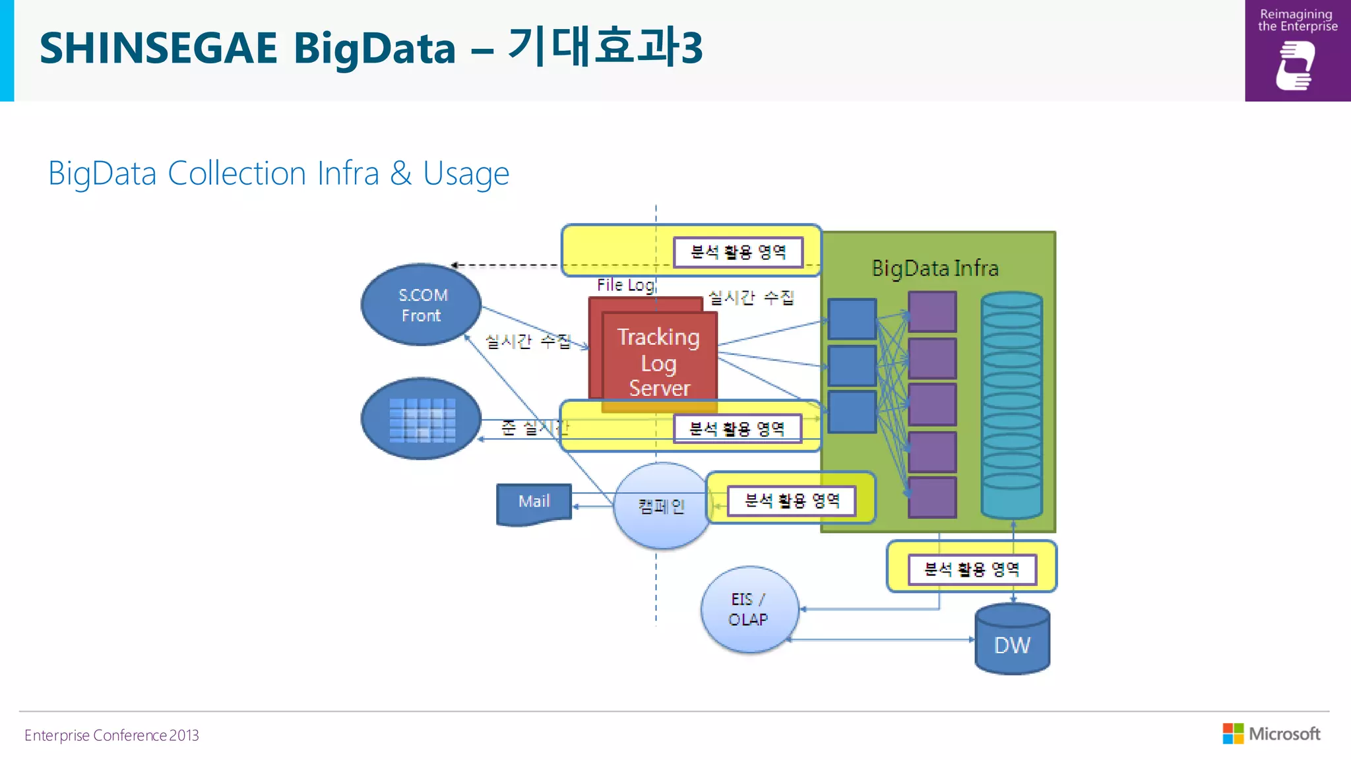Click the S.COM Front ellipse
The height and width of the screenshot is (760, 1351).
coord(421,305)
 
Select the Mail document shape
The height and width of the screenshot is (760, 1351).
coord(534,503)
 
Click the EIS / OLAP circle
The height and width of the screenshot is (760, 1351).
coord(749,610)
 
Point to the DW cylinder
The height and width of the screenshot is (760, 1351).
coord(1012,641)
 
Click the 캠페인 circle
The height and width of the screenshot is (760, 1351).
coord(661,507)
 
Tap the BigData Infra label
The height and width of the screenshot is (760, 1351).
coord(935,269)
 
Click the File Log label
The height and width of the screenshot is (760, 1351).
coord(625,285)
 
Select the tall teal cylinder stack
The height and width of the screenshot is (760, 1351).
coord(1011,404)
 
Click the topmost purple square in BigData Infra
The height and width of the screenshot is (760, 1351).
coord(931,311)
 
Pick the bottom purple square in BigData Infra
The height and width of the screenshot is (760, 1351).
coord(931,497)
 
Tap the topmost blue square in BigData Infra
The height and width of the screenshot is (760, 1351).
coord(852,319)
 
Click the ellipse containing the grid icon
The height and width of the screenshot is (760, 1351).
coord(421,419)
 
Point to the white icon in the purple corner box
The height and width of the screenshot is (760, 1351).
coord(1296,65)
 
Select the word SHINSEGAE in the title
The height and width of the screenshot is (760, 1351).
coord(158,48)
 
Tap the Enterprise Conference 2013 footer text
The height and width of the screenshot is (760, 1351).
coord(111,735)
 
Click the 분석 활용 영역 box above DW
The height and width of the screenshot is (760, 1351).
coord(972,569)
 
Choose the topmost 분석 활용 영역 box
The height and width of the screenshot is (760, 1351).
coord(738,252)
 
